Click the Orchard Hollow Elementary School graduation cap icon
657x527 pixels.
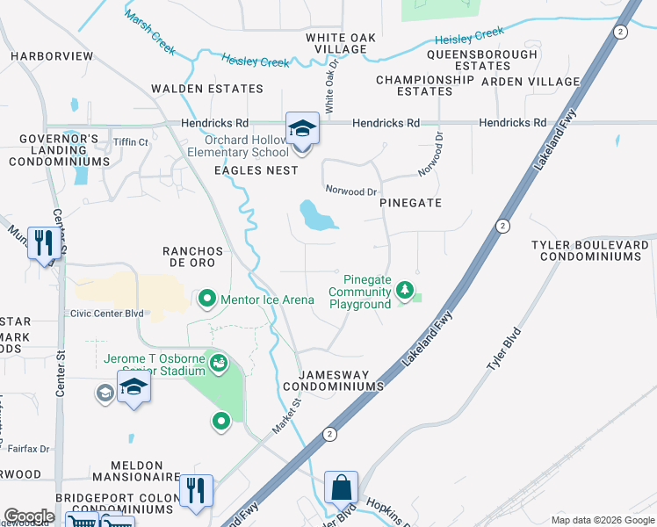coord(302,130)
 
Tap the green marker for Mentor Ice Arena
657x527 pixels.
coord(207,300)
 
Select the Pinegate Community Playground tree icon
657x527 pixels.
coord(404,289)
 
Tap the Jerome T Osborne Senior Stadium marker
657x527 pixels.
coord(218,360)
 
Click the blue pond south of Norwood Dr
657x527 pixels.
coord(314,216)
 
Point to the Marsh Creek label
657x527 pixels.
coord(150,29)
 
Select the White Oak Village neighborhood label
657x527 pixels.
coord(336,43)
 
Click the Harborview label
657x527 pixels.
coord(52,56)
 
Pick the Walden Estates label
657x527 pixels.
coord(207,89)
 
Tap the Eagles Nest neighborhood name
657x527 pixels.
coord(256,170)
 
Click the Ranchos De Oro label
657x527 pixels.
coord(193,257)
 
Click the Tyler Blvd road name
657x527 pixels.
coord(506,349)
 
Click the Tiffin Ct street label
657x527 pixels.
coord(131,142)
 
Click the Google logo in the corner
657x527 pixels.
coord(29,516)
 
